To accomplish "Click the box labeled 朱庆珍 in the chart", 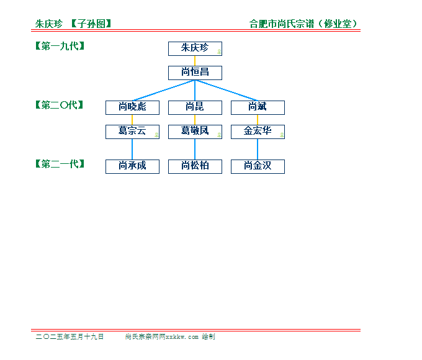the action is click(195, 49).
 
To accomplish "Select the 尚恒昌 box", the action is click(195, 73).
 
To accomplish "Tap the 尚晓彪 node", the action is click(132, 108).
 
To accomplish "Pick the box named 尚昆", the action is click(195, 108).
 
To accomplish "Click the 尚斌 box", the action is click(258, 108).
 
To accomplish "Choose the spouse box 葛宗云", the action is click(132, 132).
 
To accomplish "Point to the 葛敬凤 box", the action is click(195, 132).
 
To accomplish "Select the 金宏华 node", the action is click(258, 132).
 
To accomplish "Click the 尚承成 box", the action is click(132, 167).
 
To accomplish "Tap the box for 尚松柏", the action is click(195, 167).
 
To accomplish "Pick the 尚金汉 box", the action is click(258, 167).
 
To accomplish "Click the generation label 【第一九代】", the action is click(60, 46).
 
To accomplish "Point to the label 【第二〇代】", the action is click(60, 105).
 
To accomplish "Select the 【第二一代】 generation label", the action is click(60, 164).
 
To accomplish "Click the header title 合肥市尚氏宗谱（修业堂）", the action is click(303, 24).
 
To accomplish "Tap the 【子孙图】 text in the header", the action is click(91, 24).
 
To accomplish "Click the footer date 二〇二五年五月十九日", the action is click(70, 336).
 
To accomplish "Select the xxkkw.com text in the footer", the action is click(182, 337).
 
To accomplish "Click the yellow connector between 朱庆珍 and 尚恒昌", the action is click(195, 61).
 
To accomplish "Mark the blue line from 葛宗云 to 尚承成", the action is click(132, 150).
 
